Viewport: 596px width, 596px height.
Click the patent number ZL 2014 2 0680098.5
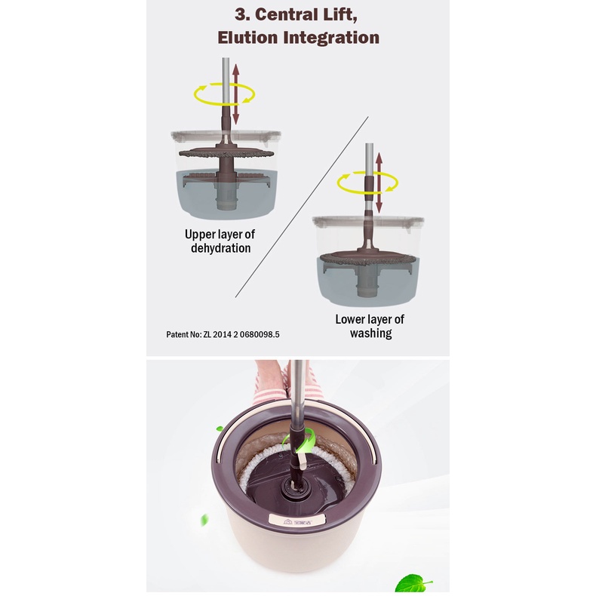pyautogui.click(x=241, y=334)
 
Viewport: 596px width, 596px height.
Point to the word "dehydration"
pyautogui.click(x=221, y=248)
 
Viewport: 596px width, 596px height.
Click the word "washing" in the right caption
pyautogui.click(x=371, y=333)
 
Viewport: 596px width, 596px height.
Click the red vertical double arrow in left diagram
pyautogui.click(x=235, y=94)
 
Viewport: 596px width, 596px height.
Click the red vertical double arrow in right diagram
pyautogui.click(x=379, y=183)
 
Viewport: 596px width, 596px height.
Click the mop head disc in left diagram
pyautogui.click(x=226, y=153)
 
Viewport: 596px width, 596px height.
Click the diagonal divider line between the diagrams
pyautogui.click(x=302, y=207)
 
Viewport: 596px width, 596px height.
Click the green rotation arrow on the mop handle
pyautogui.click(x=307, y=440)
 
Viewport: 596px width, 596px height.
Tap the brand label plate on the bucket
pyautogui.click(x=297, y=519)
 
